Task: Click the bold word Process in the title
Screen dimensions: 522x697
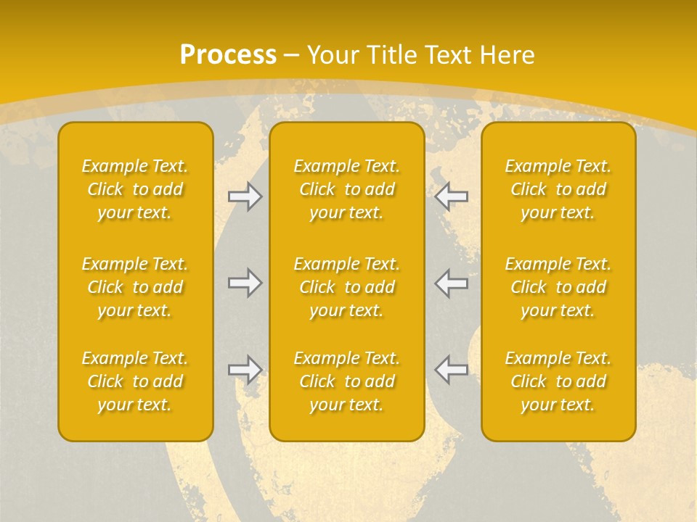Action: (228, 54)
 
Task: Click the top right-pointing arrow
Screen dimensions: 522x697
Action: (245, 196)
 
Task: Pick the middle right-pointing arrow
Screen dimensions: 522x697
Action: (245, 283)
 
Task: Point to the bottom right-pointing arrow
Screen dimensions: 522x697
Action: (245, 369)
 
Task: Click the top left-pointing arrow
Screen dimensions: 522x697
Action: (451, 196)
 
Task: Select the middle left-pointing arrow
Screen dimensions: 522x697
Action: (451, 283)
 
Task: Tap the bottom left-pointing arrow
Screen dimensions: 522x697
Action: (451, 369)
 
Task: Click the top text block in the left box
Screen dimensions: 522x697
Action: (135, 189)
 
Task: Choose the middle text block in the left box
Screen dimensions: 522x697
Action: (135, 287)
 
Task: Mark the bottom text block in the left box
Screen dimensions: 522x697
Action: (135, 381)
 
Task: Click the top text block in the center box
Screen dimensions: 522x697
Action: (347, 189)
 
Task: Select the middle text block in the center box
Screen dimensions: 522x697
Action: (347, 287)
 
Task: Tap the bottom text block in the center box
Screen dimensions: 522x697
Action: (347, 381)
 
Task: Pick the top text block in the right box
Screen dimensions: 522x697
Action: (558, 189)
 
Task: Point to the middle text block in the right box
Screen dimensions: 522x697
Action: (558, 287)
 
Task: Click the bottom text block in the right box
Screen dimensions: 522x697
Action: (558, 381)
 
